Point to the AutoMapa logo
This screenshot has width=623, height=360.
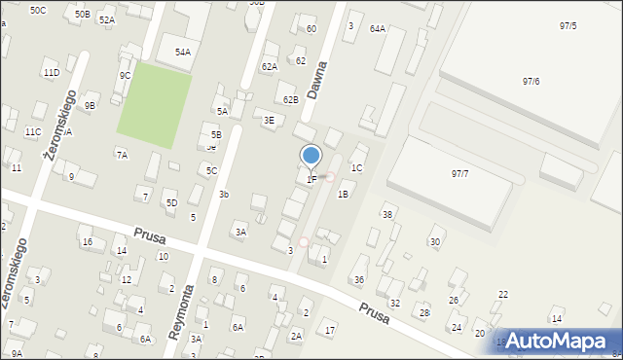pyautogui.click(x=555, y=342)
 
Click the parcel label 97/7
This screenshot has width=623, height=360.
pyautogui.click(x=459, y=173)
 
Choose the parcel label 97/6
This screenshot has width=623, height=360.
pyautogui.click(x=531, y=82)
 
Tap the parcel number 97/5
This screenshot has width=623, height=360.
pyautogui.click(x=595, y=25)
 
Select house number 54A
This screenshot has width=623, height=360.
pyautogui.click(x=182, y=53)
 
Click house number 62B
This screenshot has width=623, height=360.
pyautogui.click(x=290, y=99)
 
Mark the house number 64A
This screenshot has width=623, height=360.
pyautogui.click(x=377, y=29)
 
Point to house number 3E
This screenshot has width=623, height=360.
pyautogui.click(x=269, y=121)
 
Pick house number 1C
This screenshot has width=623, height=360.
pyautogui.click(x=357, y=167)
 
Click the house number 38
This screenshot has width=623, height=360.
pyautogui.click(x=386, y=214)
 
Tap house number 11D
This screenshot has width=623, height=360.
pyautogui.click(x=51, y=73)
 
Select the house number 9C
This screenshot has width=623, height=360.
pyautogui.click(x=125, y=75)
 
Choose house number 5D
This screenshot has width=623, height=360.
pyautogui.click(x=171, y=202)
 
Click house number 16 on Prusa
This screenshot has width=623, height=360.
pyautogui.click(x=87, y=241)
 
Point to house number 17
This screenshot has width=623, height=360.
pyautogui.click(x=330, y=331)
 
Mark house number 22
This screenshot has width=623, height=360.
pyautogui.click(x=502, y=294)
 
